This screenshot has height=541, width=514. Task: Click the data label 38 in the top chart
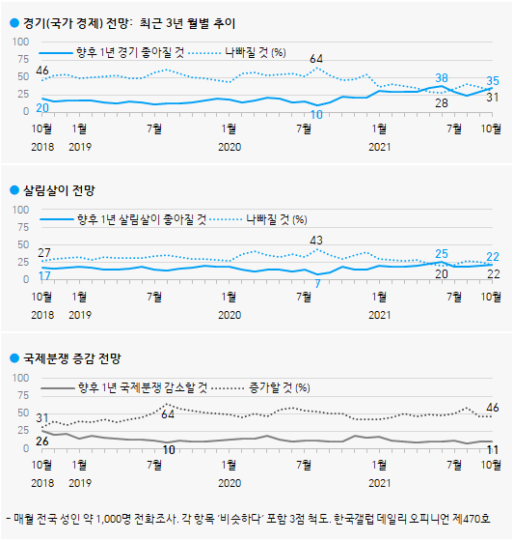pos(442,77)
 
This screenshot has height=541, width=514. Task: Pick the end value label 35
pos(492,81)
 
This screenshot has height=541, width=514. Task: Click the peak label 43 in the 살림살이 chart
pos(315,240)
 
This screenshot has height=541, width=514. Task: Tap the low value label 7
pos(317,284)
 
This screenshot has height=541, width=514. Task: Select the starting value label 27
pos(43,252)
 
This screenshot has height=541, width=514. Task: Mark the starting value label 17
pos(43,277)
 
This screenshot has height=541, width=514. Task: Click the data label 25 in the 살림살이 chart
pos(442,253)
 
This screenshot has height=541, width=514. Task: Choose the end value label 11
pos(491,450)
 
